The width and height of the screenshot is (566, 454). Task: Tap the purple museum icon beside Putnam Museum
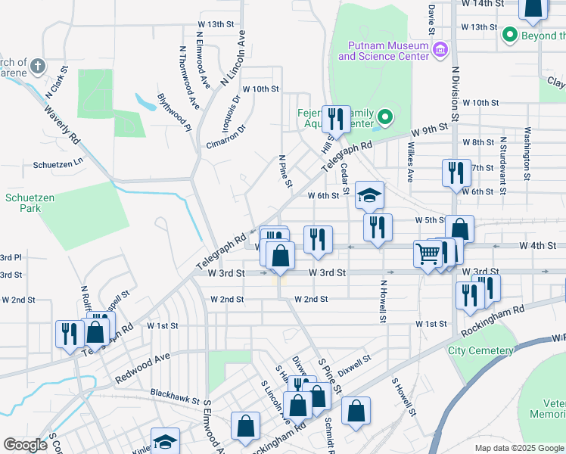440,51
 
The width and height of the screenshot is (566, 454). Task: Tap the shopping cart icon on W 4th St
428,253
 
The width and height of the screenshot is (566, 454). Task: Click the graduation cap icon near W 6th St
369,196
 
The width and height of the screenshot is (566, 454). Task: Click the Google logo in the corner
25,445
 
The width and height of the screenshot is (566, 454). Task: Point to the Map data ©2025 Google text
518,448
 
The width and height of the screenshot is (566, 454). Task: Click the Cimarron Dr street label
226,136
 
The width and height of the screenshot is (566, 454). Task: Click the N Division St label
456,94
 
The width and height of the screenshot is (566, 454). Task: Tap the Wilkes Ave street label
411,161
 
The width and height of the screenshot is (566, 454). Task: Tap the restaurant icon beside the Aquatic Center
336,119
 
